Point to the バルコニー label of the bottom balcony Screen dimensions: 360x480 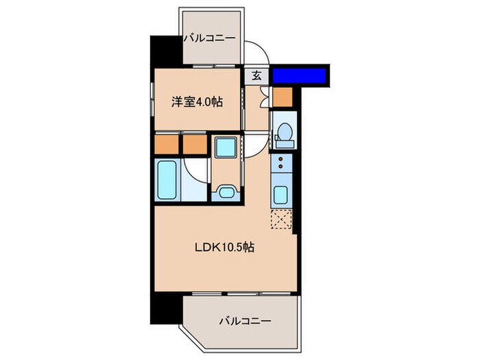245,320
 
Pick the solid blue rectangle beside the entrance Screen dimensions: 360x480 300,75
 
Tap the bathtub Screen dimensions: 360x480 169,180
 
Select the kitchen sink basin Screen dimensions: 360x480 281,194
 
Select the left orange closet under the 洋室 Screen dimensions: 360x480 166,144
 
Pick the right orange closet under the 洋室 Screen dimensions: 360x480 193,144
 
